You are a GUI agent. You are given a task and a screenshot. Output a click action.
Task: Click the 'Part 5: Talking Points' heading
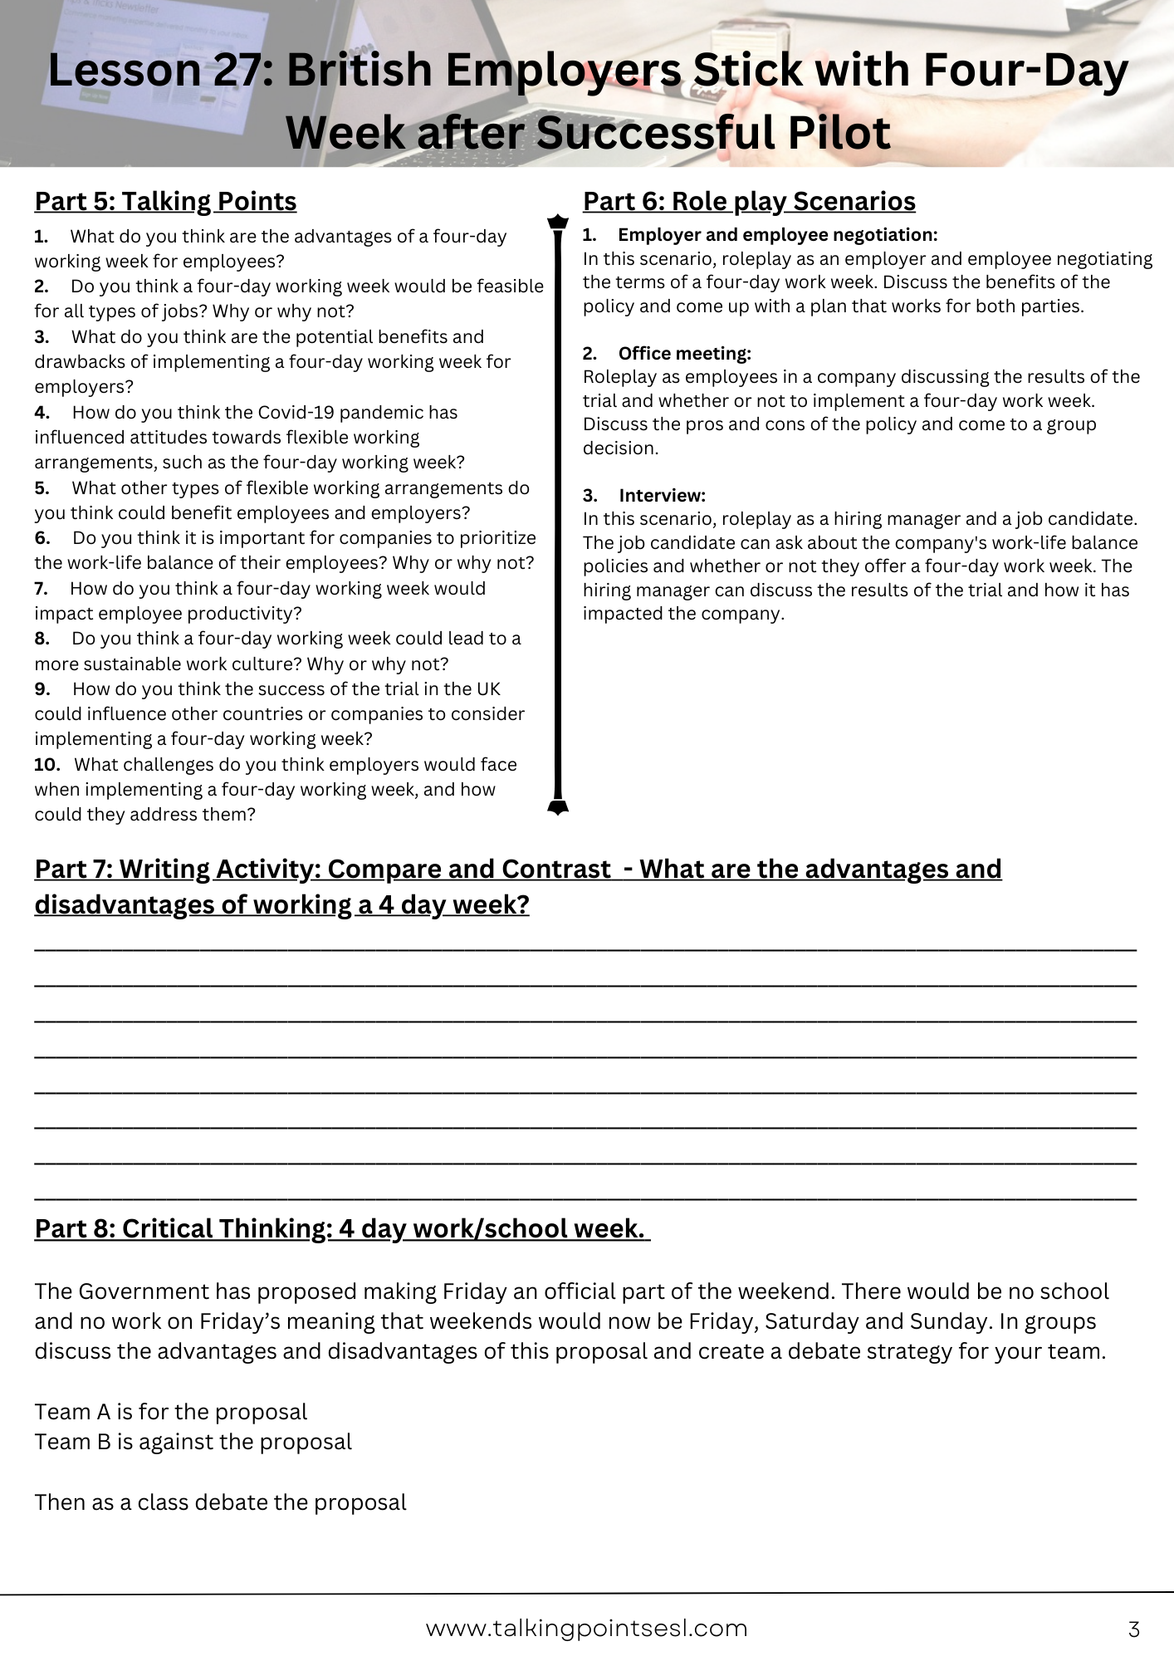pyautogui.click(x=165, y=202)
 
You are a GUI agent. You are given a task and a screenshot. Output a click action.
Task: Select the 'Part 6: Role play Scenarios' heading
pyautogui.click(x=749, y=202)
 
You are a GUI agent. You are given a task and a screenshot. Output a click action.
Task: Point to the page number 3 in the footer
pyautogui.click(x=1134, y=1629)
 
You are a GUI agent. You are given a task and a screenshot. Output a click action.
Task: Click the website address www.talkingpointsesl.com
pyautogui.click(x=586, y=1629)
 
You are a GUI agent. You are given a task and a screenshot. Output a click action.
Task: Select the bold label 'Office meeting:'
pyautogui.click(x=684, y=354)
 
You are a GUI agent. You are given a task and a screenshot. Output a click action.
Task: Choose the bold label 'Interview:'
pyautogui.click(x=662, y=496)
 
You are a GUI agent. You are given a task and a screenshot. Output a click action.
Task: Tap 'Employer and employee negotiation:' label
pyautogui.click(x=777, y=235)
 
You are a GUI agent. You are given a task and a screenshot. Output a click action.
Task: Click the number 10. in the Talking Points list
pyautogui.click(x=46, y=765)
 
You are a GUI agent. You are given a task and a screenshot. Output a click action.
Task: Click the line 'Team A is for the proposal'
pyautogui.click(x=171, y=1412)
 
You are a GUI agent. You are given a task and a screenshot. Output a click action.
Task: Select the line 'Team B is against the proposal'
pyautogui.click(x=193, y=1442)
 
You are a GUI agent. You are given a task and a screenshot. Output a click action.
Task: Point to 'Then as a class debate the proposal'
pyautogui.click(x=221, y=1502)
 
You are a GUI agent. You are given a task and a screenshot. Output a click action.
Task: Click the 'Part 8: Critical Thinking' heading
pyautogui.click(x=340, y=1229)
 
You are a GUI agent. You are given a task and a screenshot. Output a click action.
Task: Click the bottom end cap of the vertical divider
pyautogui.click(x=558, y=806)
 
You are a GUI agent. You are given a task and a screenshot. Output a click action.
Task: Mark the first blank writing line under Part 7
pyautogui.click(x=585, y=948)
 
